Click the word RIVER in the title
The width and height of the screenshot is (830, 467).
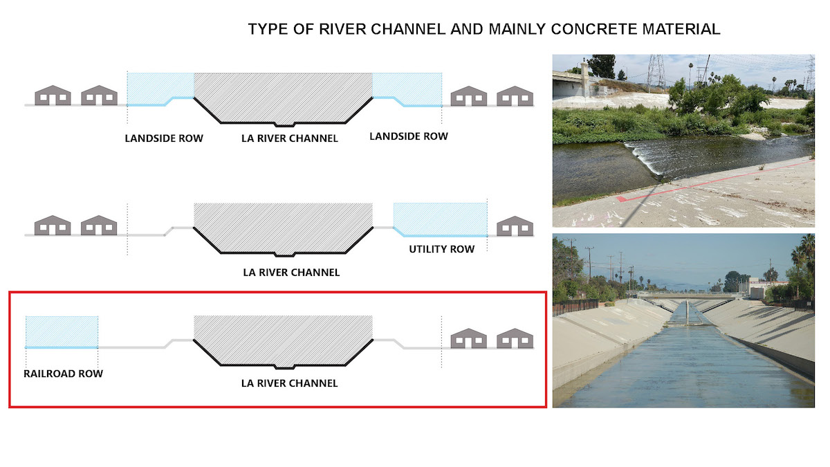coord(342,29)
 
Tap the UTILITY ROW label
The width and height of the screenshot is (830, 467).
coord(442,249)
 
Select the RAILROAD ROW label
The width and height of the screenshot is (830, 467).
coord(64,374)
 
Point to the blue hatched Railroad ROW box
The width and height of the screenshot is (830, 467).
coord(62,332)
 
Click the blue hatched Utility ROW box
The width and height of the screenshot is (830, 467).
coord(440,219)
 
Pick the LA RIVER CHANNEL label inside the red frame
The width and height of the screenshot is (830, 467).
coord(289,383)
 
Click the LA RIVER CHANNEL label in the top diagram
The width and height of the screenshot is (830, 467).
coord(290,138)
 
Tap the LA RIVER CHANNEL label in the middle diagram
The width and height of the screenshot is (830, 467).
coord(291,273)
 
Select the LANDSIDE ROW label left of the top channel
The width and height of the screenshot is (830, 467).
coord(164,138)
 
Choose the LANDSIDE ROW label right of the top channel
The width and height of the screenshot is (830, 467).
coord(409,136)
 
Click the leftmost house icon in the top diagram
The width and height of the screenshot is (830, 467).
coord(53,95)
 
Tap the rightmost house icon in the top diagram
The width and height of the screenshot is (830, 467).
coord(515,95)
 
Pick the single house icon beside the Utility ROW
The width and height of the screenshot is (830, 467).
coord(515,226)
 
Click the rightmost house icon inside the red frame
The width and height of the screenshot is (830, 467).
coord(515,338)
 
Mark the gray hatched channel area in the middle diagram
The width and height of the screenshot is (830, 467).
coord(283,227)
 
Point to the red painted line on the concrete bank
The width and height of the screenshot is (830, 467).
coord(715,181)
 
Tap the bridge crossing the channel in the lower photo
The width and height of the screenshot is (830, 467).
coord(685,295)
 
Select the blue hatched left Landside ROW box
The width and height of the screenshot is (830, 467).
coord(160,89)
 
